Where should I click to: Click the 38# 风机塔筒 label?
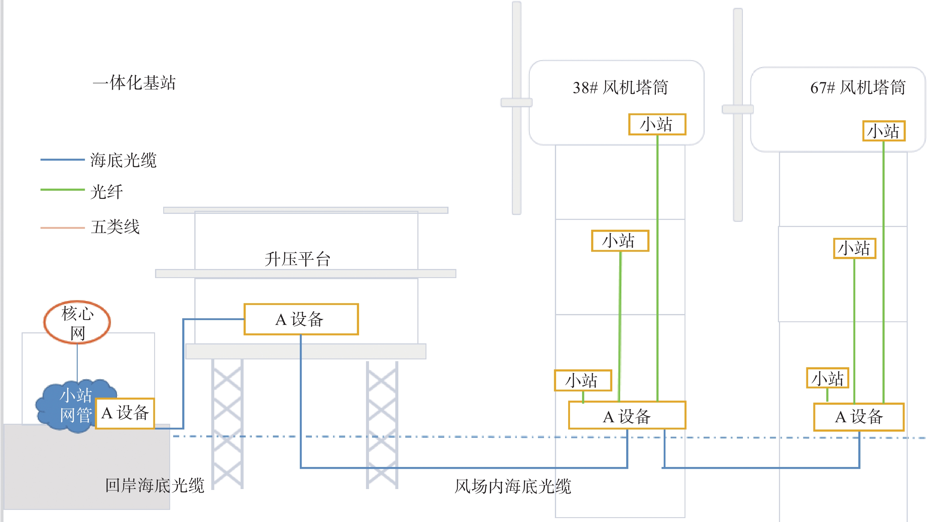[x=620, y=88]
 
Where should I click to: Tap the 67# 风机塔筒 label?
[x=857, y=88]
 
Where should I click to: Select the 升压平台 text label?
[x=297, y=259]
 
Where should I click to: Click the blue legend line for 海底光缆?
[x=63, y=160]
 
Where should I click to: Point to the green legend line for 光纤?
[x=63, y=190]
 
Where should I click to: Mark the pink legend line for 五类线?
[x=63, y=228]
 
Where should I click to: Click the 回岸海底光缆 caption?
[x=154, y=485]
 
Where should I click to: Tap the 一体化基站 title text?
[x=134, y=83]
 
